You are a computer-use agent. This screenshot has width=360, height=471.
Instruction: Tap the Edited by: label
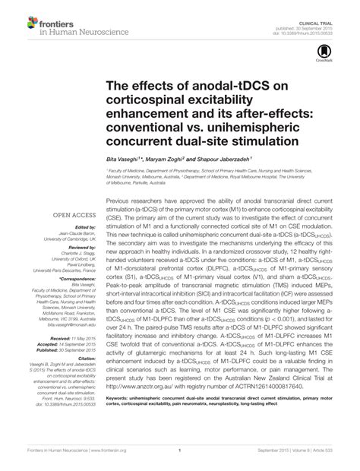(x=81, y=227)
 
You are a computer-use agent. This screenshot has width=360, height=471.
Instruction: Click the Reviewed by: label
(x=77, y=248)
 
